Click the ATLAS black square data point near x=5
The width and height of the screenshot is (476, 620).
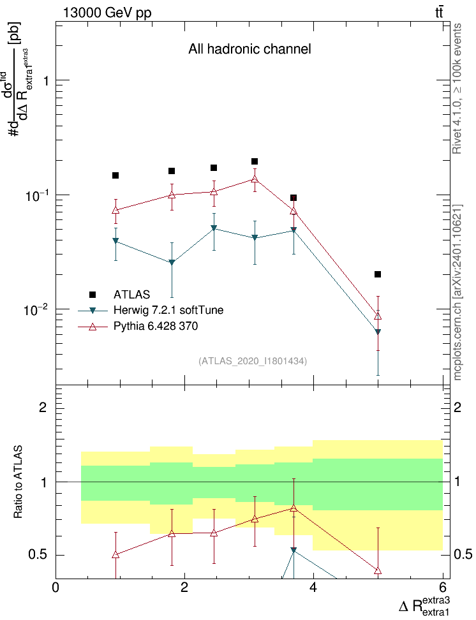click(x=378, y=274)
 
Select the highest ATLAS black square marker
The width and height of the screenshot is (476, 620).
click(x=255, y=161)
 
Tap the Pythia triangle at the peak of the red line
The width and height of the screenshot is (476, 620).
click(x=255, y=179)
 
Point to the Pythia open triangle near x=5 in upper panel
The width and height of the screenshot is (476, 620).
click(x=378, y=316)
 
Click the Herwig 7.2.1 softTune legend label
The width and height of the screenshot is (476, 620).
click(x=168, y=310)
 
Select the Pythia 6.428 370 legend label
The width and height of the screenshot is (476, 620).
click(x=156, y=326)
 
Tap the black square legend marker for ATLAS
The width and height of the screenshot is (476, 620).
click(x=93, y=295)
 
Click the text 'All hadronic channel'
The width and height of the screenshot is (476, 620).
click(x=249, y=49)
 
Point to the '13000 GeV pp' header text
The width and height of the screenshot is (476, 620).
click(x=107, y=13)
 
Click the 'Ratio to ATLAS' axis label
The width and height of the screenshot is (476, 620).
click(x=18, y=482)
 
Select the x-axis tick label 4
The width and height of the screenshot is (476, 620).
click(x=313, y=587)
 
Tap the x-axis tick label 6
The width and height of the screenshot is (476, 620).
click(x=442, y=587)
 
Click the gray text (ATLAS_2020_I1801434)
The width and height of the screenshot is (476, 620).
click(x=253, y=361)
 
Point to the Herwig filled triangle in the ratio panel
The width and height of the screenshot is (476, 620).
click(x=294, y=550)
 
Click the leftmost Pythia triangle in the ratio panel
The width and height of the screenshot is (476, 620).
click(x=115, y=554)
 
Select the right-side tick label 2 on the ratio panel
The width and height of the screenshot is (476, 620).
click(x=457, y=407)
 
